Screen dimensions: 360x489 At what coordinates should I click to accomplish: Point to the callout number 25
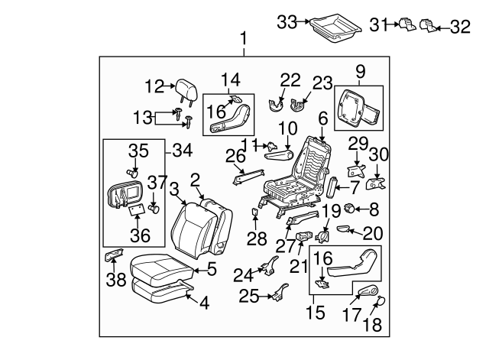click(248, 296)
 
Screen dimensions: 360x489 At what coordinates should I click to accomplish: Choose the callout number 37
click(156, 181)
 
